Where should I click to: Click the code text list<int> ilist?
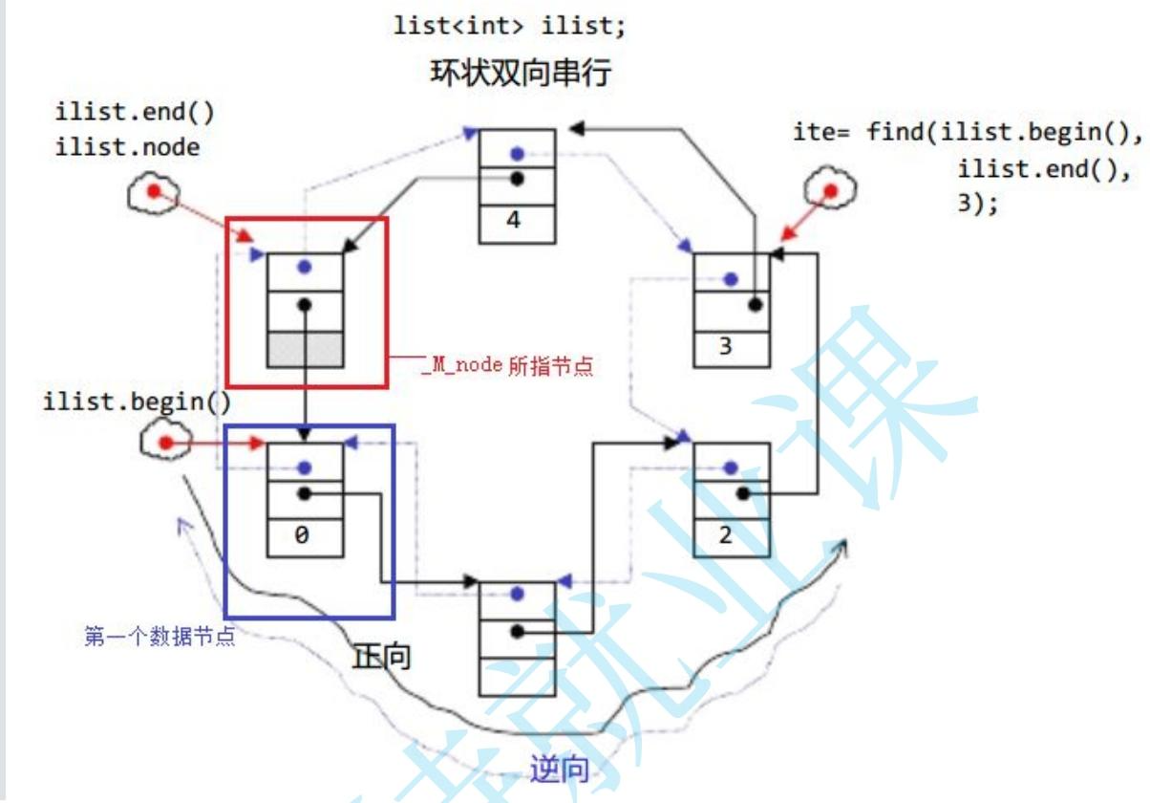pos(510,26)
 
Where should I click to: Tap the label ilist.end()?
pos(135,113)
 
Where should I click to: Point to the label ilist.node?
pos(129,146)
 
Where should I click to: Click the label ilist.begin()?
pos(137,401)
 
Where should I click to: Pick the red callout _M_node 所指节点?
pos(506,365)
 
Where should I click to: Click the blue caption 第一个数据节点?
pos(159,637)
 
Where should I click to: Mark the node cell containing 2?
pos(731,535)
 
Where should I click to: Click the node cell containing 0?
pos(305,536)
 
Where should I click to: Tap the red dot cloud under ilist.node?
pos(153,193)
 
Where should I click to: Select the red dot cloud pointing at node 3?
pos(829,191)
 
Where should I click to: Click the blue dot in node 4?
pos(517,153)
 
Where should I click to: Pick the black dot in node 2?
pos(743,494)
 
